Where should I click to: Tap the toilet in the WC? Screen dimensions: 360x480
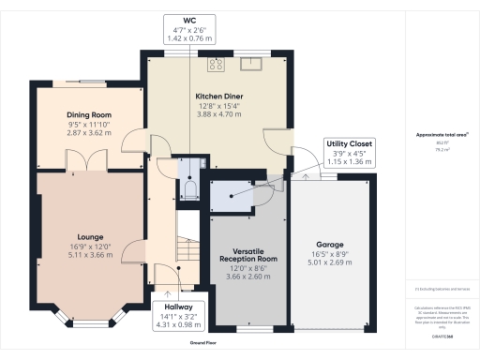(191, 190)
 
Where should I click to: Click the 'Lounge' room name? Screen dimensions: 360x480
(91, 236)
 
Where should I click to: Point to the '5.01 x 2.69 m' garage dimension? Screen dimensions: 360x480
(330, 262)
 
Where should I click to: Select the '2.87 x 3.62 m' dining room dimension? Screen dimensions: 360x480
(89, 134)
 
